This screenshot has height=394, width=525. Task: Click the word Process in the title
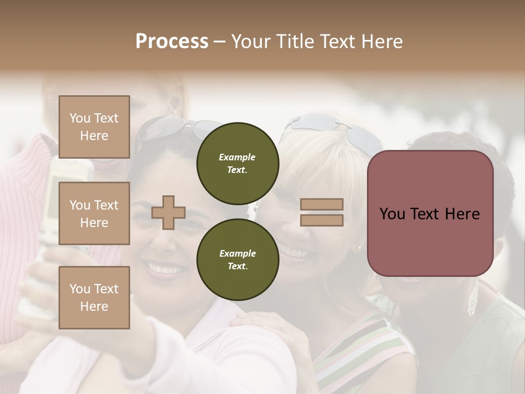click(172, 41)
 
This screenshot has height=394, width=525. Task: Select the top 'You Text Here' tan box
click(94, 127)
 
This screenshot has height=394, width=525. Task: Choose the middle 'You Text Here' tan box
click(94, 213)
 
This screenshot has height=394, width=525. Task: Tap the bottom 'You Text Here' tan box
click(94, 297)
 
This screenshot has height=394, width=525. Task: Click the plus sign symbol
click(168, 212)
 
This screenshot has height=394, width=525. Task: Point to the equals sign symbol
click(322, 212)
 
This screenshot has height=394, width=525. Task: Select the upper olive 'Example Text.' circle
click(237, 164)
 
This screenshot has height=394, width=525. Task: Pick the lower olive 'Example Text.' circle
click(237, 260)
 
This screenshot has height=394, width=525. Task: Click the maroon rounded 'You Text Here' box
click(430, 213)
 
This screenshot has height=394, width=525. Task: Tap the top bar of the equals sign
click(322, 205)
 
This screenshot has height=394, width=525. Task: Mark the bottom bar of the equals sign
click(322, 220)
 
